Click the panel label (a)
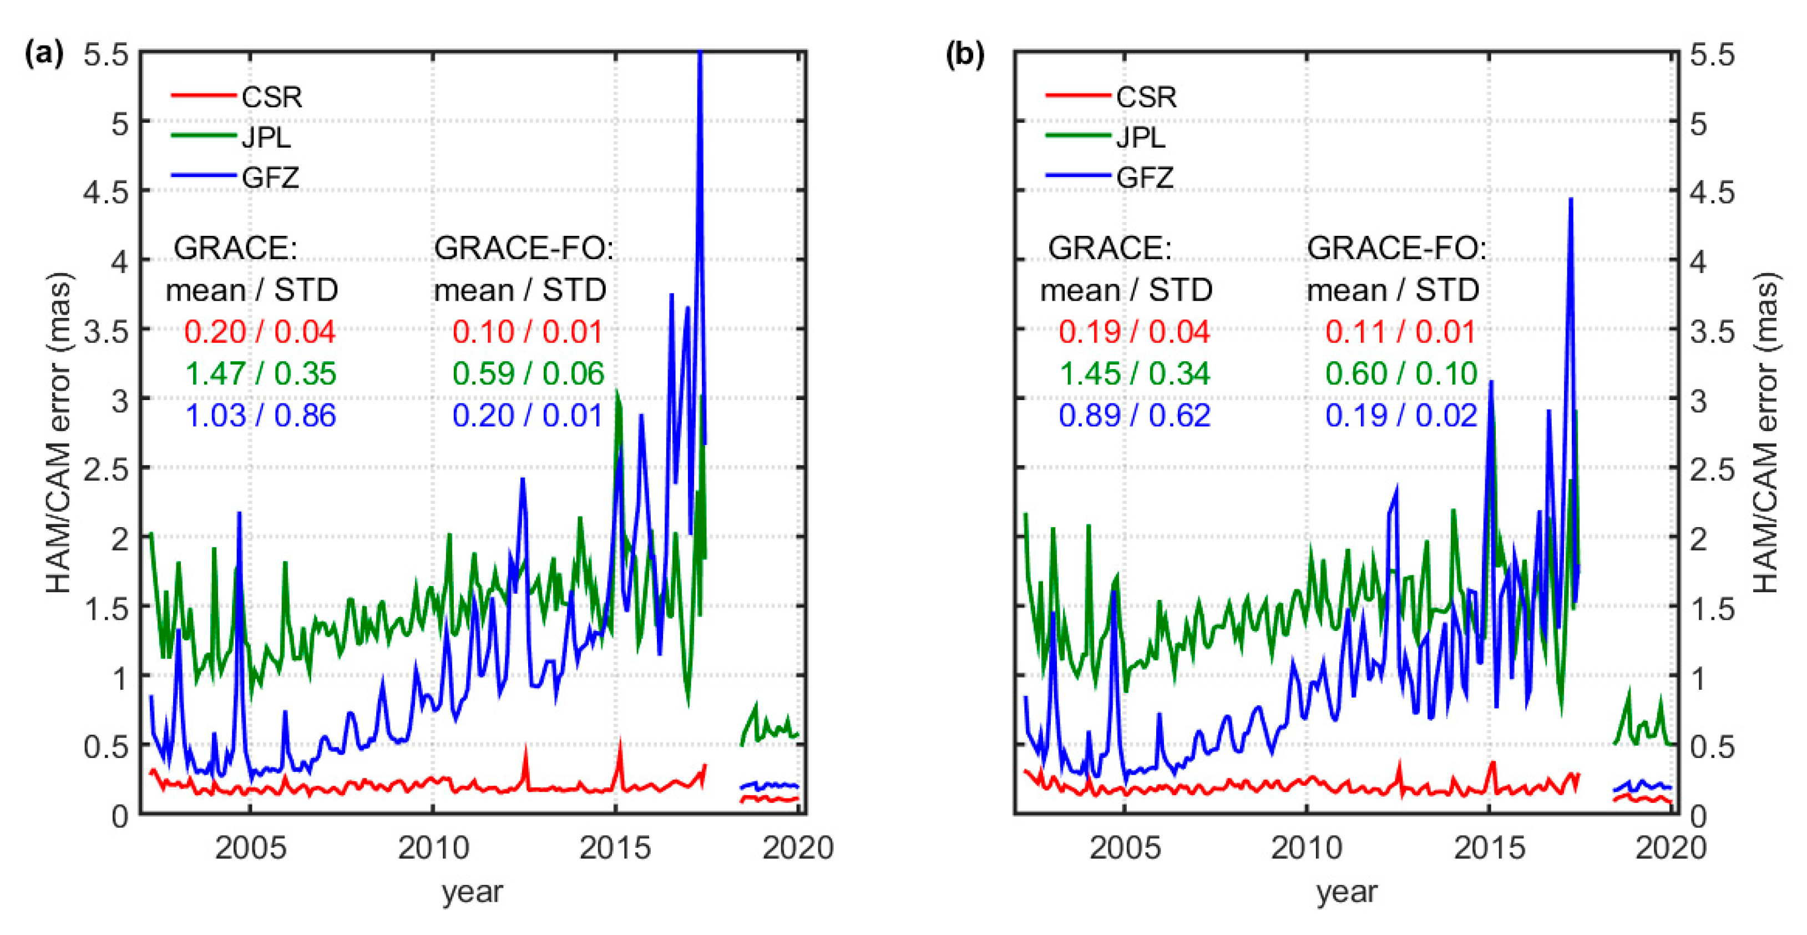[43, 53]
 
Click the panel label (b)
[964, 53]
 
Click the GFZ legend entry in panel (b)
[1144, 177]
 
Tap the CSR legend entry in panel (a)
[271, 96]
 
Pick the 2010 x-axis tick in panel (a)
[433, 848]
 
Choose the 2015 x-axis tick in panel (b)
[1489, 848]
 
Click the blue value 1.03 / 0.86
[260, 415]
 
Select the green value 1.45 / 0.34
[1134, 373]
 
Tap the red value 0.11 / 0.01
[1400, 332]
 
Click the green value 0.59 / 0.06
[528, 373]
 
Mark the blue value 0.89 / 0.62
[1134, 415]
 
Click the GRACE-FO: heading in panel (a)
[523, 247]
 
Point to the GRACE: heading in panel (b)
[1109, 247]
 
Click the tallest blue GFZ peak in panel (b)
[1571, 200]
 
